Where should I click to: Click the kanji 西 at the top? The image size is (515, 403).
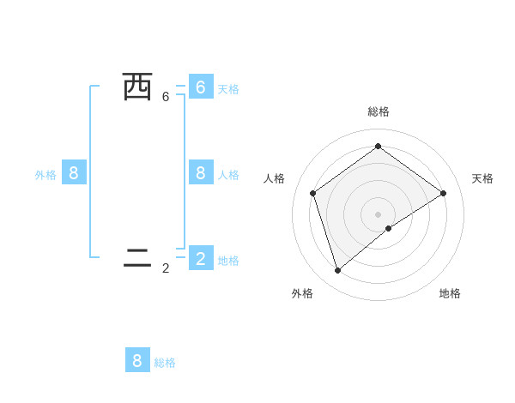(137, 87)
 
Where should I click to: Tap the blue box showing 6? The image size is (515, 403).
(200, 87)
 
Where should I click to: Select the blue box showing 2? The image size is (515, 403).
(200, 258)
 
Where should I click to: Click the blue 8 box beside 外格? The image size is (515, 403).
(74, 173)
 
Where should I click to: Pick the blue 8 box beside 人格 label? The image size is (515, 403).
(200, 173)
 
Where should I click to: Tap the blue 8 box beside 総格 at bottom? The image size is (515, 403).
(137, 360)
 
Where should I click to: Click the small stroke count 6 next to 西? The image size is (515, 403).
(166, 97)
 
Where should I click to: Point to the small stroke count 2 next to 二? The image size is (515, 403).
(166, 268)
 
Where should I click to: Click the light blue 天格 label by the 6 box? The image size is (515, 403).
(228, 89)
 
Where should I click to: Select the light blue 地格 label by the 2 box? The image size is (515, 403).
(228, 261)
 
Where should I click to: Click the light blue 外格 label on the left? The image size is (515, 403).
(45, 175)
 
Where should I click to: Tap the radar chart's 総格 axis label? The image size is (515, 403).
(378, 111)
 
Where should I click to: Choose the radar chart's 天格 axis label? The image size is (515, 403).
(483, 178)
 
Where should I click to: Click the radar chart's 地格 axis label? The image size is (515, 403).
(450, 293)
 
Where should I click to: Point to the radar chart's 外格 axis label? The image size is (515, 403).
(302, 293)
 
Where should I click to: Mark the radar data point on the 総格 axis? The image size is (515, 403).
(378, 146)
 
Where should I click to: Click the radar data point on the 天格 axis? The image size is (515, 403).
(444, 193)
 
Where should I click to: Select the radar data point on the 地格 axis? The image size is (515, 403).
(389, 228)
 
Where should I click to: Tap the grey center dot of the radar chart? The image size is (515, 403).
(378, 214)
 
